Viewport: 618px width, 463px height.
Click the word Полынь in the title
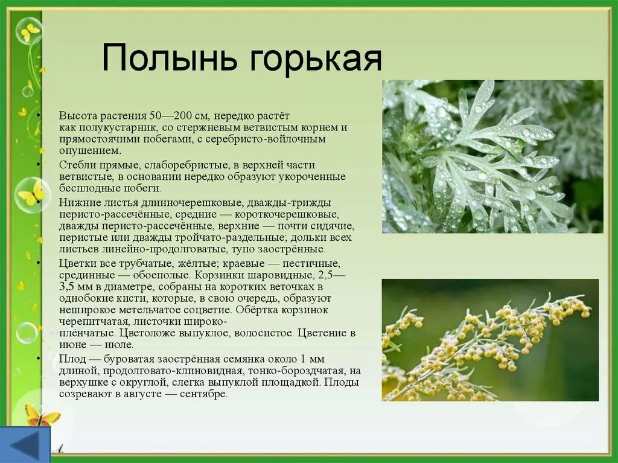[170, 57]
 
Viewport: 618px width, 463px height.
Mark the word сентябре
[204, 394]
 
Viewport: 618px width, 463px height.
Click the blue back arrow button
[25, 444]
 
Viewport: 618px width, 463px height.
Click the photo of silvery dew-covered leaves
[492, 156]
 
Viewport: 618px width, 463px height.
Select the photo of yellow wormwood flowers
[490, 340]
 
